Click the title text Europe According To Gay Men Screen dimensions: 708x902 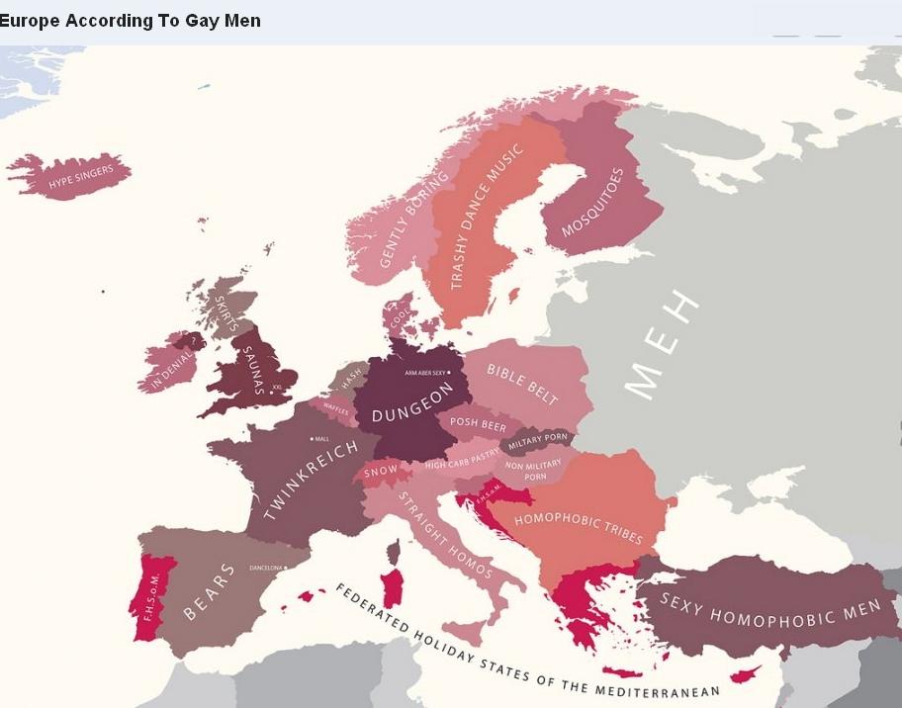tap(131, 21)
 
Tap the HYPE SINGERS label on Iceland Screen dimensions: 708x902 tap(81, 177)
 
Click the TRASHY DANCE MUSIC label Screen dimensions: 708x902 tap(484, 218)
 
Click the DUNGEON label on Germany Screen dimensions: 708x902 tap(411, 401)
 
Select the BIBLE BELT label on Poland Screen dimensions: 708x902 tap(522, 383)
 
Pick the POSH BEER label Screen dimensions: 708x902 tap(478, 423)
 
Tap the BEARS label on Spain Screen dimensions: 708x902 tap(210, 590)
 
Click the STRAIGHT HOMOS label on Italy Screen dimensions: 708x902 tap(445, 534)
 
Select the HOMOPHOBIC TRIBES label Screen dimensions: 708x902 tap(579, 527)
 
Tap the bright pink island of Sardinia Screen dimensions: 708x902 tap(393, 587)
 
